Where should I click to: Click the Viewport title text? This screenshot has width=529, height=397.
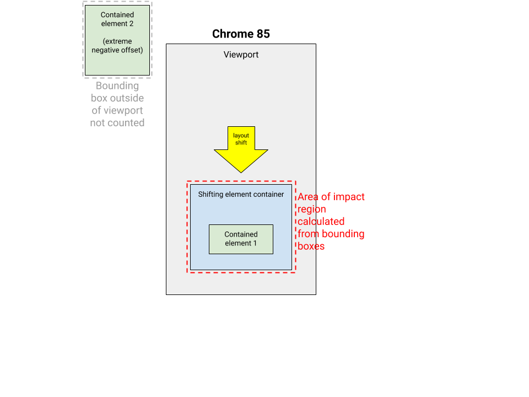coord(241,55)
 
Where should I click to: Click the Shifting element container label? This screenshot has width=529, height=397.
coord(241,194)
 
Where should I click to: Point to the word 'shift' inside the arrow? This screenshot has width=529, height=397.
coord(241,143)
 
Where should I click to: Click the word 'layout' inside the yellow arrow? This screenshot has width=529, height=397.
coord(241,136)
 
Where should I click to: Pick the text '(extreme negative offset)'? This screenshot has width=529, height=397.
coord(117,46)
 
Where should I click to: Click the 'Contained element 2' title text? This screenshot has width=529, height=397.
coord(117,19)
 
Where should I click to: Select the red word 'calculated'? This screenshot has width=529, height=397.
coord(321,221)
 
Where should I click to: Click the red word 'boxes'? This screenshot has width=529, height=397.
coord(311,246)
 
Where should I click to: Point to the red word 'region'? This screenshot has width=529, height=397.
coord(312,209)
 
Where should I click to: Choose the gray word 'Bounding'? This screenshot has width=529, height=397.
coord(117,86)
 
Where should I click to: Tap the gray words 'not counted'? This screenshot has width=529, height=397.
coord(117,122)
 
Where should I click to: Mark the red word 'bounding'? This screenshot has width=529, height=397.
coord(343,234)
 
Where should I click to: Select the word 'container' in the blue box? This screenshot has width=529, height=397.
coord(267,194)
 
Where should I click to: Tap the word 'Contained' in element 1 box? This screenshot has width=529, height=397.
coord(241,234)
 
